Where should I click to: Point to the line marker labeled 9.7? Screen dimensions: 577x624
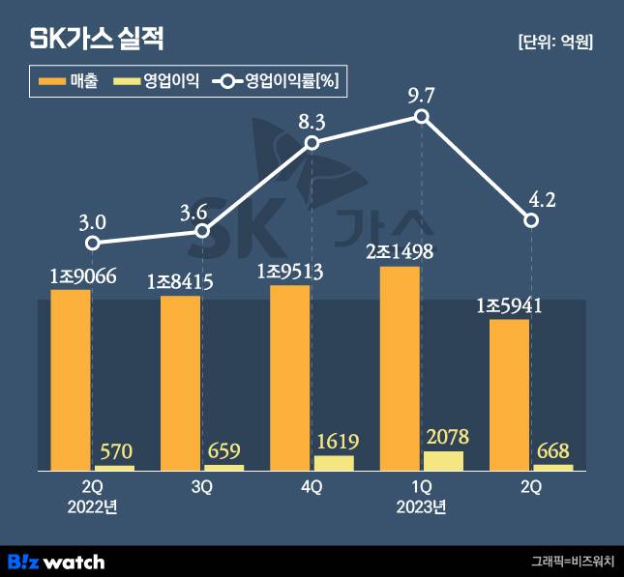point(422,116)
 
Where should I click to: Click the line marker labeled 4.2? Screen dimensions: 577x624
point(531,220)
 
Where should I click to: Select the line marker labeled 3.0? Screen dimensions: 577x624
point(92,244)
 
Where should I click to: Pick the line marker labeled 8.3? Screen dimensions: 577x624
point(312,143)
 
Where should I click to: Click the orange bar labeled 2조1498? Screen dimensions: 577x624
point(400,368)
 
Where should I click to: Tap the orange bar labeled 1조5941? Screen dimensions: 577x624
point(509,394)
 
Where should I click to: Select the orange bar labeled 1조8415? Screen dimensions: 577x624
point(180,383)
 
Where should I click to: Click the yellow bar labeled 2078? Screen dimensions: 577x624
point(444,460)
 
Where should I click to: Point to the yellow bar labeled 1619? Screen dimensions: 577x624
point(335,463)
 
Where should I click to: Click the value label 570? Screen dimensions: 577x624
point(115,450)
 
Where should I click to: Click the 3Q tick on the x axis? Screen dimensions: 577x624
point(202,487)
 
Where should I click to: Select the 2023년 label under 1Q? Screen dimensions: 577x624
point(422,505)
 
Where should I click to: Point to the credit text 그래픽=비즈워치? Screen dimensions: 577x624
point(571,561)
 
